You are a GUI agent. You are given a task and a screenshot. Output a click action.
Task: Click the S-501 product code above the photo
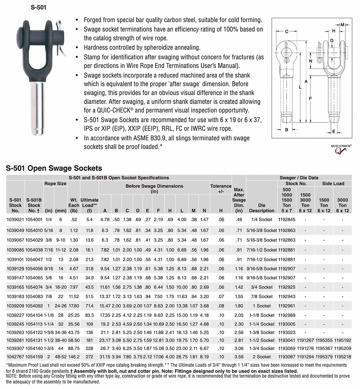38,7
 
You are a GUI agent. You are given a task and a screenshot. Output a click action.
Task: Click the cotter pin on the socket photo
60,40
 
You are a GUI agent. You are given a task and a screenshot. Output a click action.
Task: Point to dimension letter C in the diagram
287,31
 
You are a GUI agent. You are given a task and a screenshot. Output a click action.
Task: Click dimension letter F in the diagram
311,99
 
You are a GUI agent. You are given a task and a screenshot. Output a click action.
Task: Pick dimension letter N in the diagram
310,61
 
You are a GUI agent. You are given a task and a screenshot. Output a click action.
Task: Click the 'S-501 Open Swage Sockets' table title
54,168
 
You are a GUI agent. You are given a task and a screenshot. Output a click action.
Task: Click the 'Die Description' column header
262,208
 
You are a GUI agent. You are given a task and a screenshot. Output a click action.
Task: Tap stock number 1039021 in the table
15,219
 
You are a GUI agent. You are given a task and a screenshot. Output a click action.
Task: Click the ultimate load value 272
89,357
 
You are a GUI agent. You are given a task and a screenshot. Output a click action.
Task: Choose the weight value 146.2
74,357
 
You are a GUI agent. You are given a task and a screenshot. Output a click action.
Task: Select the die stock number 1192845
287,219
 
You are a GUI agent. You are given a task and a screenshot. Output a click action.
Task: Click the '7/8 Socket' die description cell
262,296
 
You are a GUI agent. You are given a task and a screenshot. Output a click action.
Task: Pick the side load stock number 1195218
342,357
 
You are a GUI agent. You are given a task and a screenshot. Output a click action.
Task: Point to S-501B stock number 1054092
34,306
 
